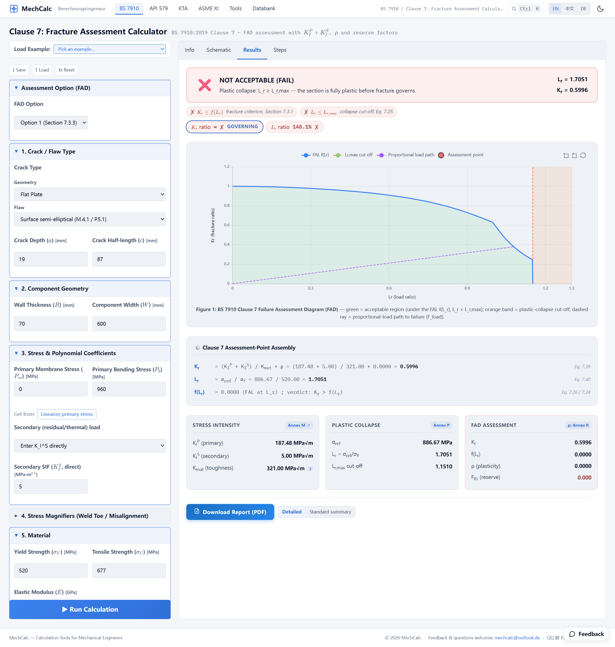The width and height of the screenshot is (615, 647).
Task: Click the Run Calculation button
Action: click(90, 609)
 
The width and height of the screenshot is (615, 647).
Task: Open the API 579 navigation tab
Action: click(159, 8)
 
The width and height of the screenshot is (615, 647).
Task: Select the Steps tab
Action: click(280, 50)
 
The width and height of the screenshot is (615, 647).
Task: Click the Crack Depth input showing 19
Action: click(51, 259)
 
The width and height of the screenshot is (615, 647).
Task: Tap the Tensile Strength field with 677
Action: click(129, 571)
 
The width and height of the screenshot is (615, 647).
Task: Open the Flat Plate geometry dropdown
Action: click(90, 194)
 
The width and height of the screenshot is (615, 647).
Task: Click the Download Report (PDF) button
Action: click(230, 512)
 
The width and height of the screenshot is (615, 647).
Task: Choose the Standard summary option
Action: click(330, 512)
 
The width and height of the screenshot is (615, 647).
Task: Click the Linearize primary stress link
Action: click(67, 414)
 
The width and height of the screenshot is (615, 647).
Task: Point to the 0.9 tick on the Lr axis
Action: click(467, 288)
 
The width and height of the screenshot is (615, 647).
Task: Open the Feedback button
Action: click(587, 634)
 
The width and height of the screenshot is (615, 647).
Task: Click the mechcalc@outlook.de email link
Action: click(517, 638)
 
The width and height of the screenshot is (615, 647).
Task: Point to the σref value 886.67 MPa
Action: click(437, 443)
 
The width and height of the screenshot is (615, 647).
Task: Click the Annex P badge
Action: click(441, 425)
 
